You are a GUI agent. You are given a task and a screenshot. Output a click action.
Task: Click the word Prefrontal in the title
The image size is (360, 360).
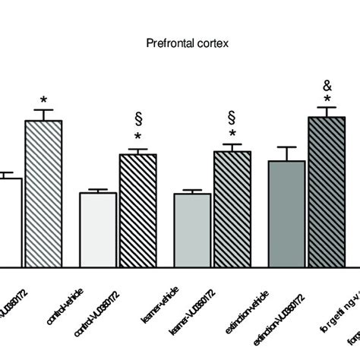(166, 43)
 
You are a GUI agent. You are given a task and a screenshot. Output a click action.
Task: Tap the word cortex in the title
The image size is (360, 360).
(211, 43)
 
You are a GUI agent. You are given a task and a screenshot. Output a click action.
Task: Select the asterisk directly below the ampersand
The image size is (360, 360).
(327, 99)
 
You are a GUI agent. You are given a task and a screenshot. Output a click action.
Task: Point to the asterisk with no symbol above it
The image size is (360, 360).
(44, 102)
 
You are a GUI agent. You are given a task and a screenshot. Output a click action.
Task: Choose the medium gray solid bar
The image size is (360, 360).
(192, 229)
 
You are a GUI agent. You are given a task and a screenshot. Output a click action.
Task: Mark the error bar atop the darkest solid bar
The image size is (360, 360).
(286, 153)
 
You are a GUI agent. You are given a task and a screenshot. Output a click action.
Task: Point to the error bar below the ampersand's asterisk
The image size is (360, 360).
(327, 111)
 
